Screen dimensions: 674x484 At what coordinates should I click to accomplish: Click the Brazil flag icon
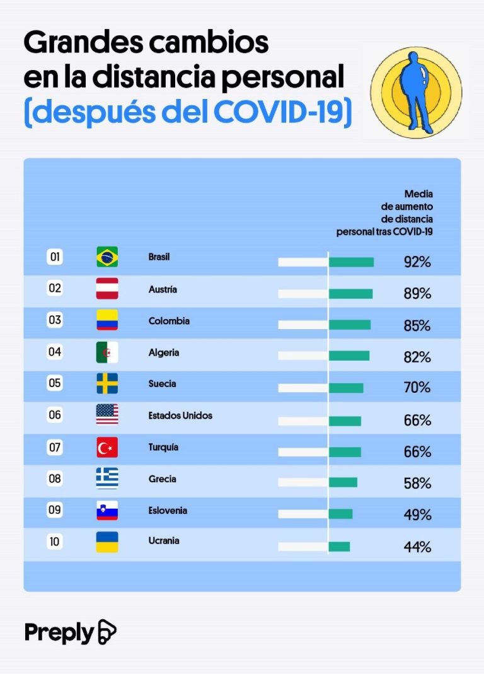[x=107, y=257]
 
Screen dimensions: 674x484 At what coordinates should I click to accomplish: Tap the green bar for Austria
[x=350, y=294]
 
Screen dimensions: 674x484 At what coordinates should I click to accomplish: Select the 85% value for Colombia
[x=417, y=326]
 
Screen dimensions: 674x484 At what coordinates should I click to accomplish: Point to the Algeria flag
[x=107, y=352]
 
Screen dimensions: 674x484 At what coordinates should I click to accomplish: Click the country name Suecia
[x=162, y=384]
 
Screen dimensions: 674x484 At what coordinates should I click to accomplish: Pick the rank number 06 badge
[x=55, y=415]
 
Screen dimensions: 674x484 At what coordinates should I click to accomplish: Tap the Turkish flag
[x=107, y=447]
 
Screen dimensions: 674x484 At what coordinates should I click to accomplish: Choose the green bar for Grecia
[x=343, y=482]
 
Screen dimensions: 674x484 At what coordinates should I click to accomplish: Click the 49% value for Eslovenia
[x=417, y=515]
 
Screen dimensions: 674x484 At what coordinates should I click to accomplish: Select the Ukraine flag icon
[x=107, y=542]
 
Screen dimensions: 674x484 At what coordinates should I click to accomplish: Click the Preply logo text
[x=60, y=632]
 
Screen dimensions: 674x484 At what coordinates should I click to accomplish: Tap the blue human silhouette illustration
[x=415, y=92]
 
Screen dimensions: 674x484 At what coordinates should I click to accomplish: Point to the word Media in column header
[x=418, y=194]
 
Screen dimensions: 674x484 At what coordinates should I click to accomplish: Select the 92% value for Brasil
[x=417, y=262]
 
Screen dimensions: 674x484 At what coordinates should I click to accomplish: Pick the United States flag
[x=107, y=415]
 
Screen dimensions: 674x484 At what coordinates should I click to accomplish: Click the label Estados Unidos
[x=180, y=415]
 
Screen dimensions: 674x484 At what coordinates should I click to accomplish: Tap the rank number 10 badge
[x=55, y=541]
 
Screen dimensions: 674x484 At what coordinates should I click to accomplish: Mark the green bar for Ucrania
[x=339, y=547]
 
